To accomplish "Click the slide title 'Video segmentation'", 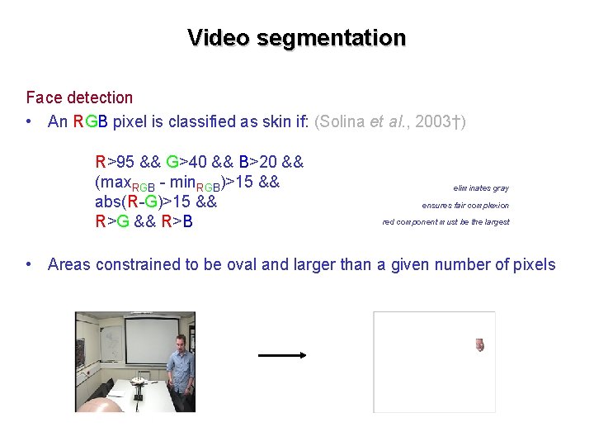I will coord(296,38).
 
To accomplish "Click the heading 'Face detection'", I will coord(79,97).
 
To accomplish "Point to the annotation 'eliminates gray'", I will coord(481,188).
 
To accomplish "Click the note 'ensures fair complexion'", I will coord(465,205).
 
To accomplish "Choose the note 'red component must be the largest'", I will coord(445,221).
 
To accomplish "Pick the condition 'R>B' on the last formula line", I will coord(176,221).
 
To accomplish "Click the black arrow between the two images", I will coord(281,355).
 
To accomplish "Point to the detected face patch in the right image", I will coord(479,344).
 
